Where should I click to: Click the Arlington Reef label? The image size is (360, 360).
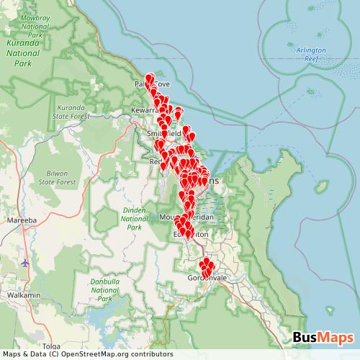point(311,54)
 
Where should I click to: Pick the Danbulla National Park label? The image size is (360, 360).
point(104,289)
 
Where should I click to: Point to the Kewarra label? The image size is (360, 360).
point(144,110)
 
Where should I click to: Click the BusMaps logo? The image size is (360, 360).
point(323,337)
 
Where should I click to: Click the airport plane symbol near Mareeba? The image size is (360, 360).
point(27,263)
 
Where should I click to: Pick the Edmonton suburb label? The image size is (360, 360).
point(190,235)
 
